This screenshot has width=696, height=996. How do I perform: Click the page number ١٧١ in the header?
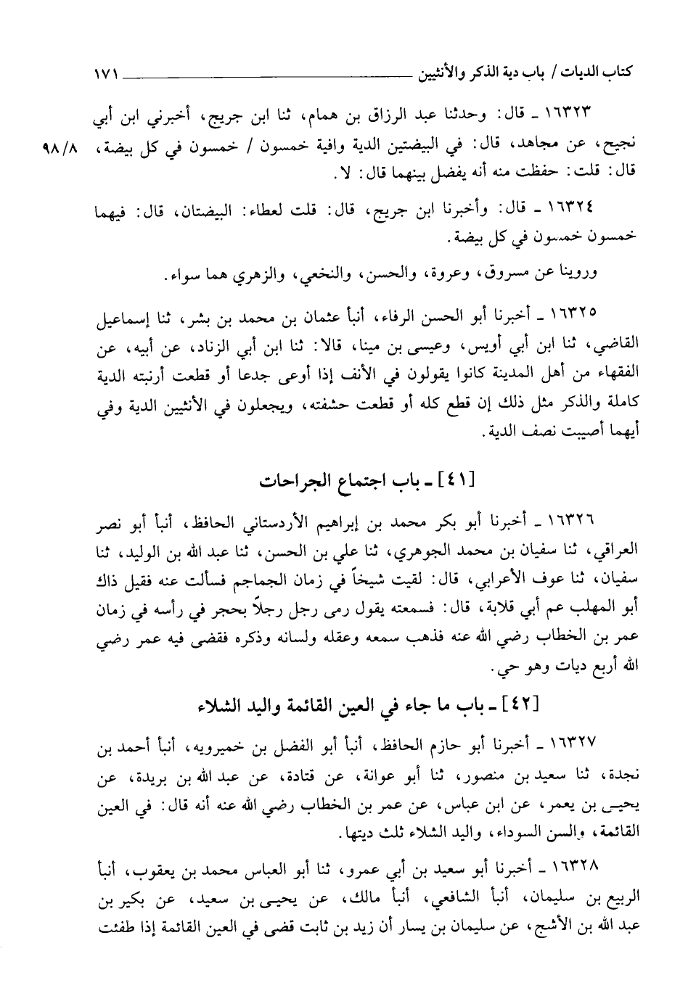[x=105, y=73]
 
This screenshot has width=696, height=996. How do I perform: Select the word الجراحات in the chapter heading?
[x=292, y=480]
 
